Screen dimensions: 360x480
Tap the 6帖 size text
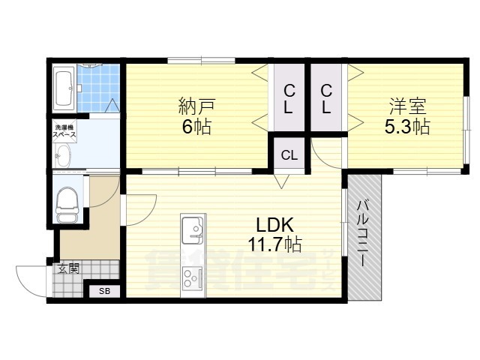click(196, 126)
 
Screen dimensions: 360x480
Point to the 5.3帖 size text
click(407, 127)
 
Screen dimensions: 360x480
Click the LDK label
click(274, 224)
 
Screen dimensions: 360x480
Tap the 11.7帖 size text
click(275, 244)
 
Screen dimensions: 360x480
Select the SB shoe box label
click(104, 290)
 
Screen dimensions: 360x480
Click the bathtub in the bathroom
click(64, 87)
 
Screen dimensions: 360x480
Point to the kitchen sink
click(193, 226)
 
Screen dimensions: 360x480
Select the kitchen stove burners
click(192, 277)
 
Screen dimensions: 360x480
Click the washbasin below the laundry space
click(63, 157)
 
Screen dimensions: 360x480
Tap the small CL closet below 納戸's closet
click(289, 155)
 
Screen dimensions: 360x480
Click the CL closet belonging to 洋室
click(327, 98)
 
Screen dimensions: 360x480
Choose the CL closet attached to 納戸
click(289, 98)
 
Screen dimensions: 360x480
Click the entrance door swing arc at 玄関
click(30, 283)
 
